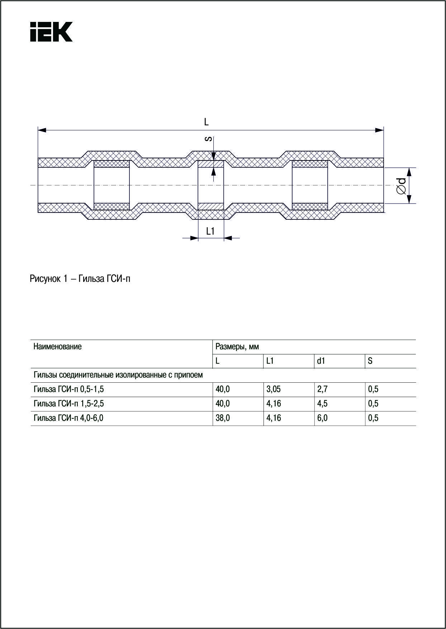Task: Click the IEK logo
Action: click(x=51, y=32)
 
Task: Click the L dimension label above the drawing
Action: click(x=206, y=122)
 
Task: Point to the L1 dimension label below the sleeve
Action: click(x=210, y=232)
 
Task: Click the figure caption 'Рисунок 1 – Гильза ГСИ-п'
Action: click(x=80, y=279)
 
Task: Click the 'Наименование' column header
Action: click(x=57, y=347)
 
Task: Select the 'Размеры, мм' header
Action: click(x=237, y=347)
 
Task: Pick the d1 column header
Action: click(x=321, y=361)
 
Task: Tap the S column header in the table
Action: click(x=370, y=361)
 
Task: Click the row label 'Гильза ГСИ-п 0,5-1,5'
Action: click(x=68, y=390)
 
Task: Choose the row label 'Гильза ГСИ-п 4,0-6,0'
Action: click(x=68, y=418)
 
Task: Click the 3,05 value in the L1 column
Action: click(x=273, y=390)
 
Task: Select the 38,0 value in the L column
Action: click(x=222, y=418)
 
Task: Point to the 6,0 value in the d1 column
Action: click(x=322, y=418)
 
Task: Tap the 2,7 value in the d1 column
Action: click(x=322, y=390)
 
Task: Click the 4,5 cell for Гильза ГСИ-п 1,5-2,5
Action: click(x=322, y=404)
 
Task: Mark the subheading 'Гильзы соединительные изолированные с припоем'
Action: click(x=118, y=375)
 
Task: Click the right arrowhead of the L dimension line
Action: click(x=379, y=130)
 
